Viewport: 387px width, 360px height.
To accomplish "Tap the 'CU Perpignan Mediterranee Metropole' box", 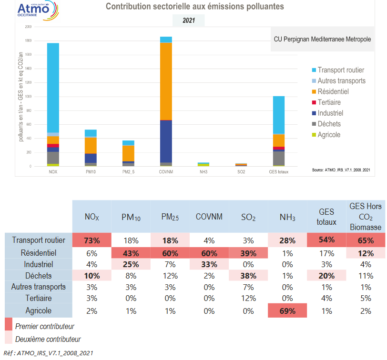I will (322, 39).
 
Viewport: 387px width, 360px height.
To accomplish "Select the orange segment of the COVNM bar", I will (166, 81).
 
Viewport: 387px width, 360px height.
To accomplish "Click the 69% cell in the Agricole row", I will (287, 311).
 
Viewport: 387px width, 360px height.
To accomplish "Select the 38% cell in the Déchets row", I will (248, 275).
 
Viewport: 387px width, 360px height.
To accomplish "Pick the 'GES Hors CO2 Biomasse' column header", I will (366, 217).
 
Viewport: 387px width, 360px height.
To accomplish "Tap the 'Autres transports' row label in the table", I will (39, 287).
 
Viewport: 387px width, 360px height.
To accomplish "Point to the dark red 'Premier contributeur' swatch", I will (8, 325).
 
